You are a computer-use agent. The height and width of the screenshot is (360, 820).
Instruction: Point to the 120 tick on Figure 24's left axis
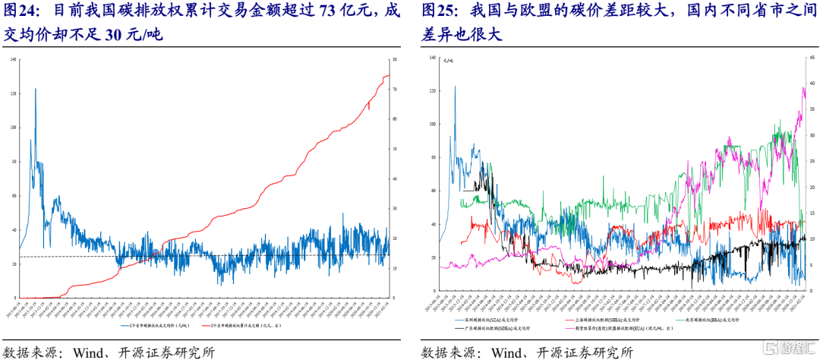click(13, 93)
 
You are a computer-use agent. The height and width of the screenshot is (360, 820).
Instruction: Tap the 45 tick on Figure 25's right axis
click(808, 58)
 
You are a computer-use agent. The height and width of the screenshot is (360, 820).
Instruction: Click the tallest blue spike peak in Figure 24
click(35, 89)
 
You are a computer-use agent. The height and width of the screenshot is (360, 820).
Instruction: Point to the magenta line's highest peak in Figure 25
click(803, 88)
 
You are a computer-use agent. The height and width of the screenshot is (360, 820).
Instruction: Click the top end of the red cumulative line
click(388, 75)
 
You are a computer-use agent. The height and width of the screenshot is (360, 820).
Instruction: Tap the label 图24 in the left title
click(20, 12)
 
